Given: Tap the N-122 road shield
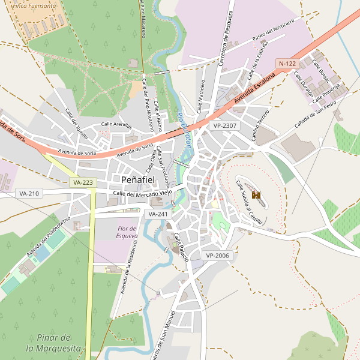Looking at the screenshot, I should [287, 63].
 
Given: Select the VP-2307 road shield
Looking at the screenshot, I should [224, 125].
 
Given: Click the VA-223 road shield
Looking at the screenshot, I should [83, 182].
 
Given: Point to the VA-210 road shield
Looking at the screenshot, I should [29, 193].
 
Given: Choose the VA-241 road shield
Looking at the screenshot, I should [158, 214].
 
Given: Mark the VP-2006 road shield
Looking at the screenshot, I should [217, 256].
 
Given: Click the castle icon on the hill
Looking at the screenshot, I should [256, 195].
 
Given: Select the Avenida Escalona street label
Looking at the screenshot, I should [254, 89].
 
